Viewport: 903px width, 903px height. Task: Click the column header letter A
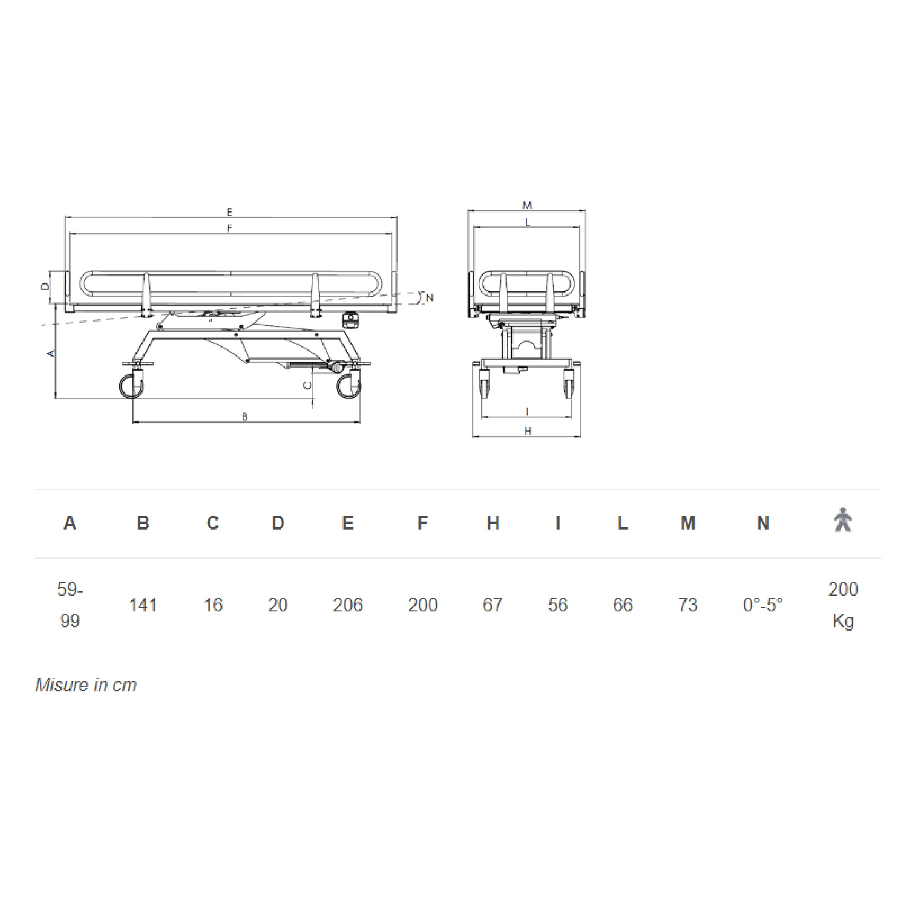coord(70,523)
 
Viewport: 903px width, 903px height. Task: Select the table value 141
coord(143,605)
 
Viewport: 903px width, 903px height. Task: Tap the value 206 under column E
coord(348,605)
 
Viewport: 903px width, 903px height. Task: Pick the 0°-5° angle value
coord(763,605)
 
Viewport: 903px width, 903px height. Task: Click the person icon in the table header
coord(843,520)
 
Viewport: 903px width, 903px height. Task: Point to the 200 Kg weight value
coord(843,605)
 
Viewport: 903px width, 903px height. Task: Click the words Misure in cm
coord(86,685)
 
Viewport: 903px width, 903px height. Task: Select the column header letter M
coord(688,523)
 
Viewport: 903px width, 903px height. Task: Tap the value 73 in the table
coord(688,605)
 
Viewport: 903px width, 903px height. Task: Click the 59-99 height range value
coord(70,605)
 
